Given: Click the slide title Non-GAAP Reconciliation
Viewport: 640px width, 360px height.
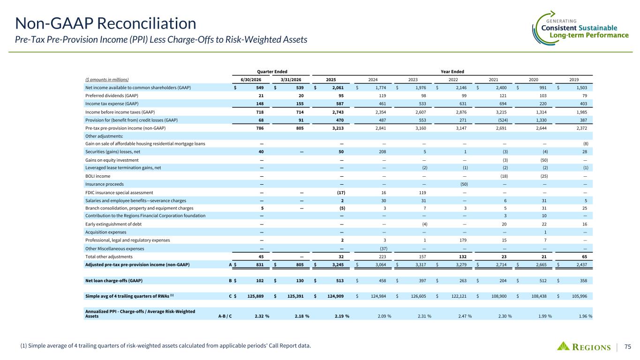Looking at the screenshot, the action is tap(105, 23).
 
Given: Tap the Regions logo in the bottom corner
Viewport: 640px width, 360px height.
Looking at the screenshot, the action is tap(584, 346).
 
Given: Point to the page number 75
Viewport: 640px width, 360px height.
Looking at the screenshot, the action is tap(628, 346).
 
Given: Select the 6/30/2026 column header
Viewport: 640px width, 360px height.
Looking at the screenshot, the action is tap(251, 80).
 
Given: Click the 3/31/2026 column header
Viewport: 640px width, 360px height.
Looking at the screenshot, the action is tap(291, 80).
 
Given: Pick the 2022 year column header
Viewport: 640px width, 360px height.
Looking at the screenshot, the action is tap(453, 80).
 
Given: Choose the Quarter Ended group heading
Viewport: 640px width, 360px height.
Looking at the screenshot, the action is tap(272, 72).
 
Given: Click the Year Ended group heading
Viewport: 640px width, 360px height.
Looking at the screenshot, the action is tap(452, 72).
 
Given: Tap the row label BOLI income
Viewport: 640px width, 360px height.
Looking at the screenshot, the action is tap(98, 176).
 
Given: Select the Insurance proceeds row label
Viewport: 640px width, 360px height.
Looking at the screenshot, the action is tap(105, 184).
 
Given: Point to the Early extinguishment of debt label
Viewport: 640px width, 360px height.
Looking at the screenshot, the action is tap(113, 224).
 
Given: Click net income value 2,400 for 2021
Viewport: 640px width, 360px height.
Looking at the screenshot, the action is tap(501, 88).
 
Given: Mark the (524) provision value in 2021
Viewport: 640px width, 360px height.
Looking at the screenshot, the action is tap(503, 120).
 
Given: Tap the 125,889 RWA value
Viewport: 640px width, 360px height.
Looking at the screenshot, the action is tap(256, 296).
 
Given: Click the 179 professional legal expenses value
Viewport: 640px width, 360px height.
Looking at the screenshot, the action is tap(463, 240).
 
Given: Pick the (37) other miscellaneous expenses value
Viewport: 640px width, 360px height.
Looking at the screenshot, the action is tap(383, 248).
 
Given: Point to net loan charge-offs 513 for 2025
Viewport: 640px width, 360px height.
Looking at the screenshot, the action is tap(340, 281).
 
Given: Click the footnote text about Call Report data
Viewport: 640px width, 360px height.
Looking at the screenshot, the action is tap(166, 346).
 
